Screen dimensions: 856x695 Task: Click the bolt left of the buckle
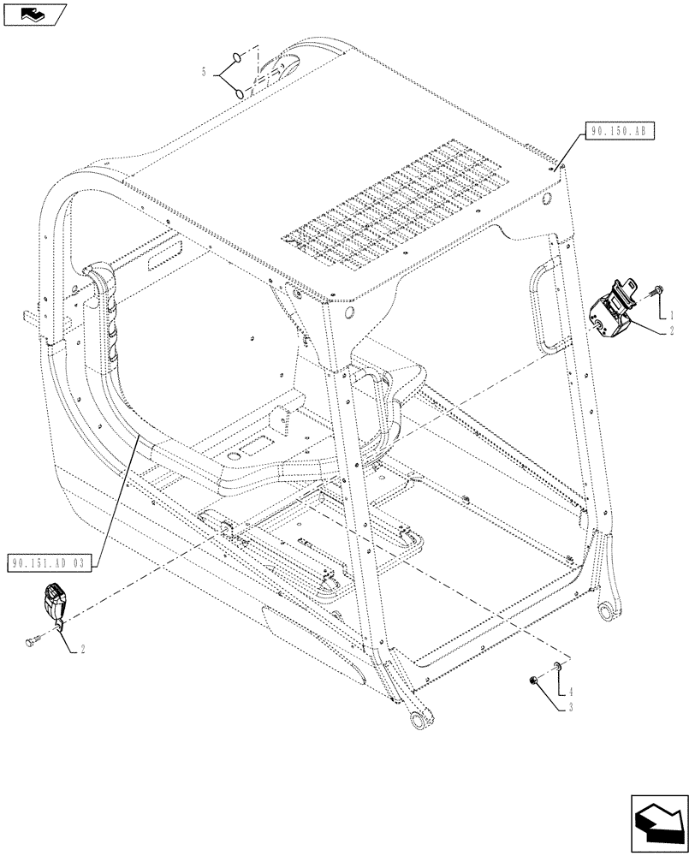pos(33,639)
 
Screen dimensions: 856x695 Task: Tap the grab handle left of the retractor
pos(544,309)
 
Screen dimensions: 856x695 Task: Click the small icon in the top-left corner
pos(34,14)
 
